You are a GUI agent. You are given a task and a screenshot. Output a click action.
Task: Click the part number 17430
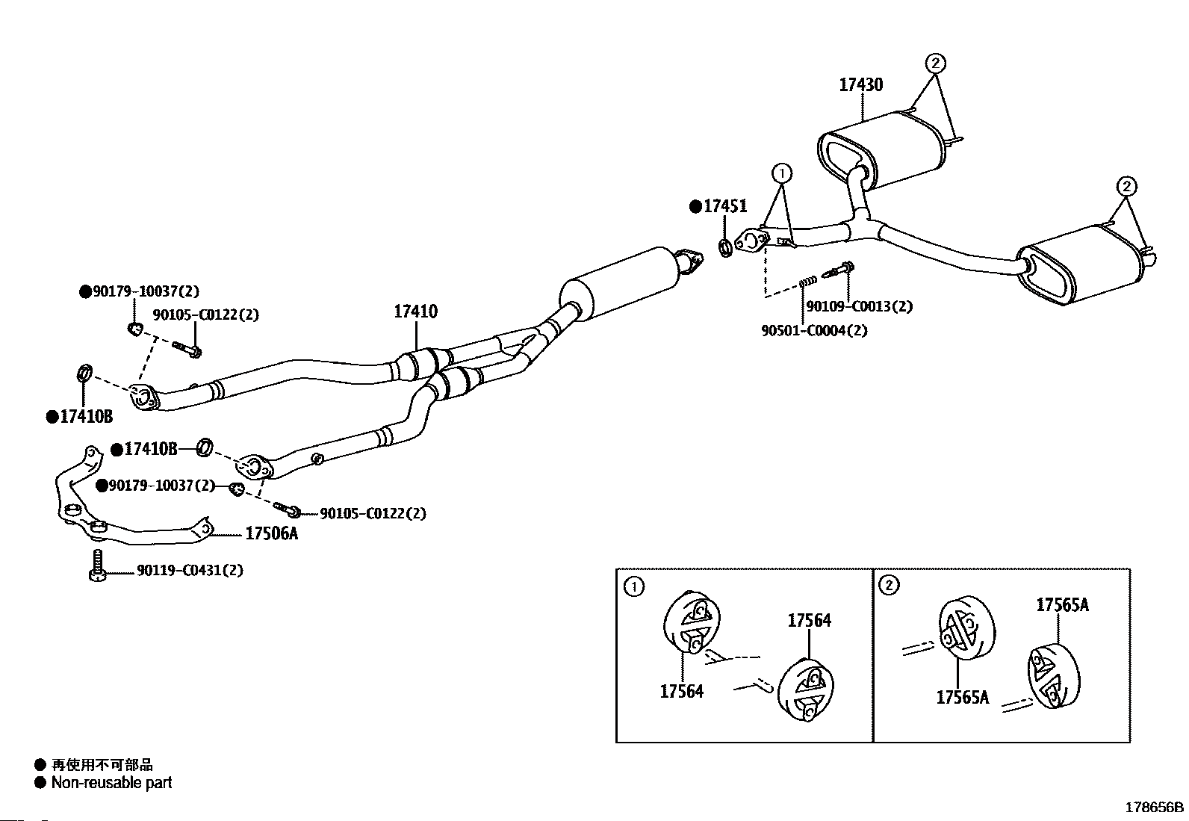click(x=861, y=85)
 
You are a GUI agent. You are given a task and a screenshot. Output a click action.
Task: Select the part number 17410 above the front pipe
click(x=415, y=312)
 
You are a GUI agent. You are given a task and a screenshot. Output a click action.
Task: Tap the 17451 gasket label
click(x=725, y=206)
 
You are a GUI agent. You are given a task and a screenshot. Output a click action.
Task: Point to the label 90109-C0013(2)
click(x=860, y=306)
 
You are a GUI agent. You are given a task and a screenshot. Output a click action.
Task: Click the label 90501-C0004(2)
click(x=814, y=331)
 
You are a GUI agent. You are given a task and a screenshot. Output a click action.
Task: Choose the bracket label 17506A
click(x=271, y=533)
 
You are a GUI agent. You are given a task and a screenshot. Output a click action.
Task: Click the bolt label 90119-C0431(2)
click(x=190, y=570)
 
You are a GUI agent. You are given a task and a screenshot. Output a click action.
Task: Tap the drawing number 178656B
click(x=1155, y=808)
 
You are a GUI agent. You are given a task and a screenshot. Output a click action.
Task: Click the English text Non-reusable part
click(x=111, y=783)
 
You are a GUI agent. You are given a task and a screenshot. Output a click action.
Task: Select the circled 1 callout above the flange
click(x=782, y=173)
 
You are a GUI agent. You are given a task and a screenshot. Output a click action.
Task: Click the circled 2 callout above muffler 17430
click(x=935, y=63)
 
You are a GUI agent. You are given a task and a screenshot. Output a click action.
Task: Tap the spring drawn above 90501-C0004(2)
click(x=807, y=281)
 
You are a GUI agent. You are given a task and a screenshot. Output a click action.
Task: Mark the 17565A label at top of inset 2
click(x=1063, y=605)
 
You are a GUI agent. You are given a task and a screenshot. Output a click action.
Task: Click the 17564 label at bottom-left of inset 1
click(x=682, y=692)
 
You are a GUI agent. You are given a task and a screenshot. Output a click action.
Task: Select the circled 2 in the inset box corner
click(x=889, y=585)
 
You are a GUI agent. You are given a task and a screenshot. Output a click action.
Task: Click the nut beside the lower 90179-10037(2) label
click(x=237, y=489)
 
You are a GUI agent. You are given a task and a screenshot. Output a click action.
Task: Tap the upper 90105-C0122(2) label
click(x=206, y=315)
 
